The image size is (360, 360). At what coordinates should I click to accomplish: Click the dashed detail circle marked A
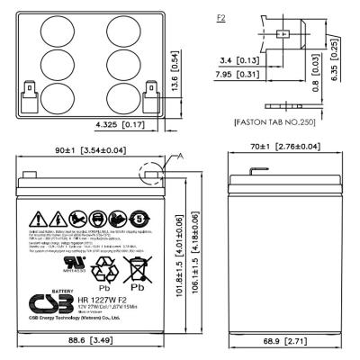coord(150,172)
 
